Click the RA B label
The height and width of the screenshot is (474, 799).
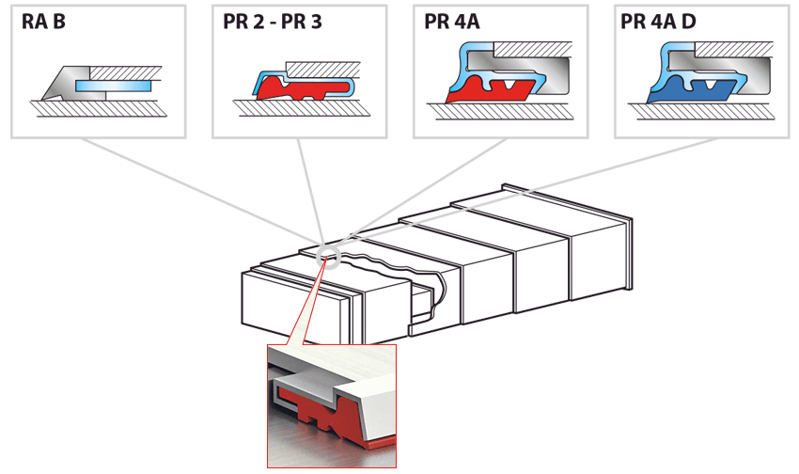coord(43,22)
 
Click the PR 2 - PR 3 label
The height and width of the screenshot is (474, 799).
coord(273,22)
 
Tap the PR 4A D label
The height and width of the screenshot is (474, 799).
coord(658,22)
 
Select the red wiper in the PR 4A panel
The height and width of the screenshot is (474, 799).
coord(489,90)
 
